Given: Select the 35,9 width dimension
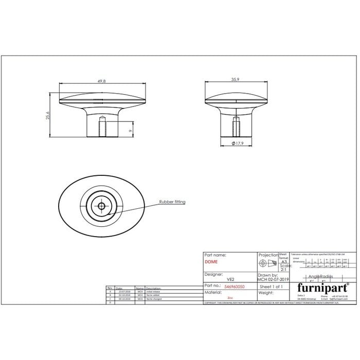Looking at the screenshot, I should click(x=234, y=80).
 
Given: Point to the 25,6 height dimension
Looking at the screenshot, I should click(x=48, y=115).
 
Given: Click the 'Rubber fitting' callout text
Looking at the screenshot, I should click(x=172, y=202).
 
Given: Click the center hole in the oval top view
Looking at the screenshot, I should click(x=102, y=206).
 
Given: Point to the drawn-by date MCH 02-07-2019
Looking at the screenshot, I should click(x=274, y=279).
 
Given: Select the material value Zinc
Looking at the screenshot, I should click(x=230, y=297).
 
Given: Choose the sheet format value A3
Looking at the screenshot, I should click(x=284, y=261).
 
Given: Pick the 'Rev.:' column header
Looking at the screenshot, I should click(x=110, y=288).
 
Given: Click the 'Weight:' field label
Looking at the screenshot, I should click(x=266, y=292).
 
